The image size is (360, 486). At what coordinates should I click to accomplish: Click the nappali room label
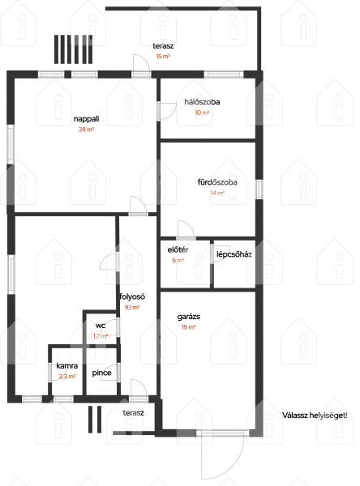86,119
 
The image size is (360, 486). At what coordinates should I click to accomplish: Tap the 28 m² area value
86,130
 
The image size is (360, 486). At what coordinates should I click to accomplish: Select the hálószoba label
202,102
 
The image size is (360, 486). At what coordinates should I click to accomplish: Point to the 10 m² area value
202,113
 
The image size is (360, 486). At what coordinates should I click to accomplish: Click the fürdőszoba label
217,182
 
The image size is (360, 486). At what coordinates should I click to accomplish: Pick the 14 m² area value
217,193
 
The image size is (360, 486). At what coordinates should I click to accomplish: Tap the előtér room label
178,249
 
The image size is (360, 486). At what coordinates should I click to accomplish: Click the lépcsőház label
234,255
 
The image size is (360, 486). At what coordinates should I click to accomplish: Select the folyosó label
132,297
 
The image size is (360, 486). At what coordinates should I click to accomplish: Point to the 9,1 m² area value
132,308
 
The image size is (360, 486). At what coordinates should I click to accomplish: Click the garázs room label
189,317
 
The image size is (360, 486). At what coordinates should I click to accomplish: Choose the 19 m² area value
188,327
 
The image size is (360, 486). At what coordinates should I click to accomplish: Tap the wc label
101,326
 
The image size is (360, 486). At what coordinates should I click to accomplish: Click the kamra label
67,366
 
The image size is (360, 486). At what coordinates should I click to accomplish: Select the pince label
102,373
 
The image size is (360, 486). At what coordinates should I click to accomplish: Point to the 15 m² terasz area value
163,57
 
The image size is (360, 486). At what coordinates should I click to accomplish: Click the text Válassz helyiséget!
315,416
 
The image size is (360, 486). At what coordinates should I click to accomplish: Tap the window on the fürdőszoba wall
259,190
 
